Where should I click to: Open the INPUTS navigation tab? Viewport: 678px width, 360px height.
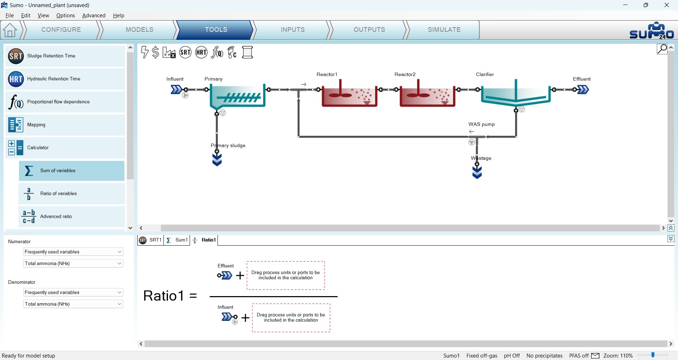(292, 30)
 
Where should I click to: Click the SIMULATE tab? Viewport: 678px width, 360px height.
(444, 30)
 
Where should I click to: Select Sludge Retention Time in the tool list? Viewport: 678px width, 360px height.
(65, 56)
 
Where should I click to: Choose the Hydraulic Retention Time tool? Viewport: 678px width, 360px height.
(65, 79)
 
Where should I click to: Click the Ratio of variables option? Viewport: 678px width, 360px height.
(72, 194)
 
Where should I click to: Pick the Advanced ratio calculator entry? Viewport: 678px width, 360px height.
(72, 217)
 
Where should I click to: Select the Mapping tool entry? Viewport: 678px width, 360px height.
(65, 125)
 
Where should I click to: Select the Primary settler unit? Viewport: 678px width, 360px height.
(237, 96)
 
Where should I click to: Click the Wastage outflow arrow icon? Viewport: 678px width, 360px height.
(477, 172)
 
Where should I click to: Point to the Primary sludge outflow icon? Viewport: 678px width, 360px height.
(217, 160)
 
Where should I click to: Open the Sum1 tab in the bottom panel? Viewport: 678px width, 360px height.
(177, 240)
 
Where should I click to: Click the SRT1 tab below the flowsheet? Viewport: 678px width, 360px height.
(151, 240)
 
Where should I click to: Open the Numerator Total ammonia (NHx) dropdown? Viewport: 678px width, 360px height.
(73, 264)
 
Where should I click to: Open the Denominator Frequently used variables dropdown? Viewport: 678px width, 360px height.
(73, 293)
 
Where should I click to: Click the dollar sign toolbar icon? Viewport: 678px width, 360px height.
(155, 53)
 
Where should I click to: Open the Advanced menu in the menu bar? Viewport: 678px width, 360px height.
(94, 16)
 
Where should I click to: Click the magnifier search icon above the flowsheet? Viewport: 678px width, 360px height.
(662, 49)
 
